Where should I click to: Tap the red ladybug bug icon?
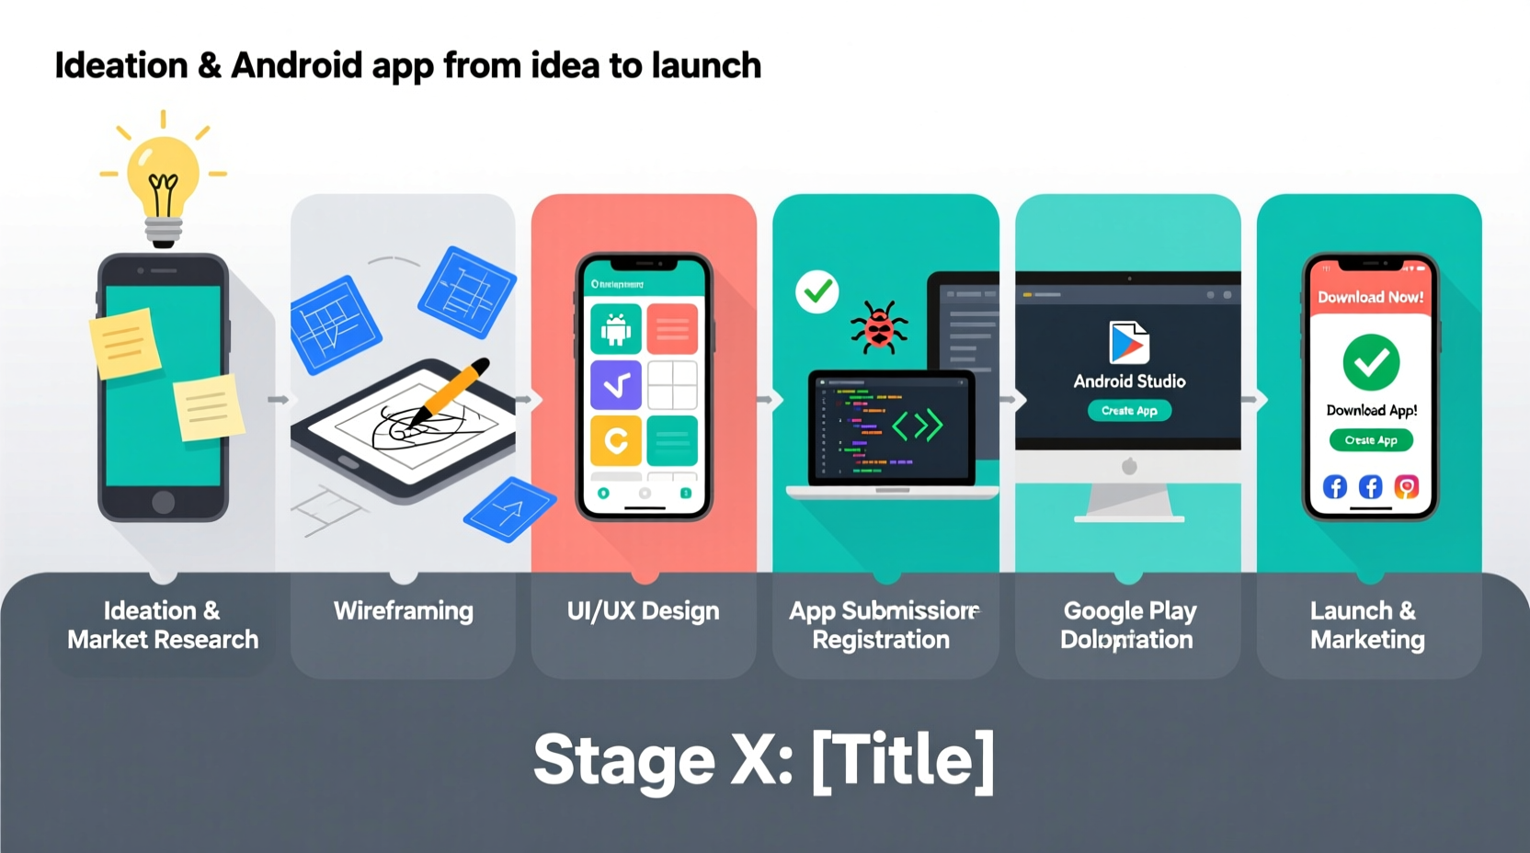pos(878,327)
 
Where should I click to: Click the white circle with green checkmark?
pos(816,292)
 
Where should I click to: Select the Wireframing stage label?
pos(403,611)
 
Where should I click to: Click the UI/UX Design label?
pos(643,611)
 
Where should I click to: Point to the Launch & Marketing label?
pos(1367,625)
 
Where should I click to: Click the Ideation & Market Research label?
pos(163,625)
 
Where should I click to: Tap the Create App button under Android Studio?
pos(1129,411)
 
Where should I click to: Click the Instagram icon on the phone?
pos(1406,486)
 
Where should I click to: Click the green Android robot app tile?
pos(615,328)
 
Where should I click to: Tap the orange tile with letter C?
pos(615,441)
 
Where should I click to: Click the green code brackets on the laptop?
pos(917,426)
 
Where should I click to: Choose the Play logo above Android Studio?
pos(1129,343)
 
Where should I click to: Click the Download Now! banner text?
pos(1370,297)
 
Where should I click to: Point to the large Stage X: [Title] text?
pos(763,760)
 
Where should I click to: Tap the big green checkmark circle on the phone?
pos(1370,362)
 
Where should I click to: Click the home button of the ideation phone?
pos(163,502)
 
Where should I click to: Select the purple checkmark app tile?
pos(615,385)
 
